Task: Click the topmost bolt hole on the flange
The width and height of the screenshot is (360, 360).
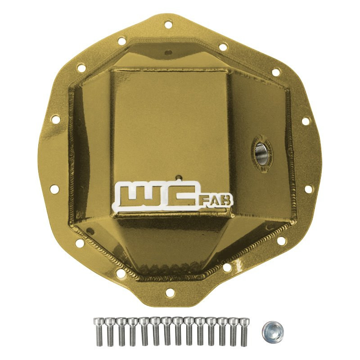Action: (168, 24)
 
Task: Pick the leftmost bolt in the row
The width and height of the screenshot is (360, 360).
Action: (98, 331)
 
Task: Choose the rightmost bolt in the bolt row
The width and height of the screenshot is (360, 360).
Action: (244, 331)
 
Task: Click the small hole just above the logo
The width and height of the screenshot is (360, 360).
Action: (179, 177)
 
